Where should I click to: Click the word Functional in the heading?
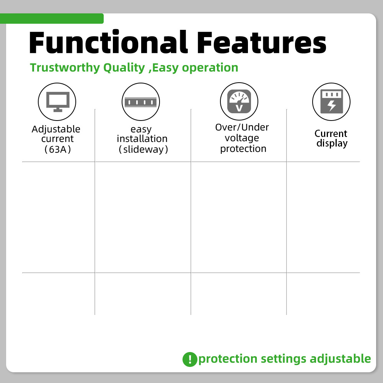(109, 42)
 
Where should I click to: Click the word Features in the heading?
(262, 42)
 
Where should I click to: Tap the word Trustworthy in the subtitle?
(65, 68)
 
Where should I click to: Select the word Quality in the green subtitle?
(124, 68)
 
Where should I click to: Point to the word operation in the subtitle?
(210, 68)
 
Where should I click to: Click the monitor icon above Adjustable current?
(58, 102)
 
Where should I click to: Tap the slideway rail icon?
(140, 102)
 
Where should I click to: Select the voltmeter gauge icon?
(239, 101)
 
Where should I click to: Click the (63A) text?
(58, 150)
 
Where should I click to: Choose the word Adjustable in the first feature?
(56, 129)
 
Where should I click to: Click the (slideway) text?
(143, 150)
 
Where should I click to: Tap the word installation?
(142, 139)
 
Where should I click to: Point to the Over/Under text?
(242, 127)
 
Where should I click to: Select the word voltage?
(242, 138)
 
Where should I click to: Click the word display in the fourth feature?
(332, 143)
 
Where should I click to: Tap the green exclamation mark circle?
(190, 359)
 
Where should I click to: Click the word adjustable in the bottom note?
(340, 359)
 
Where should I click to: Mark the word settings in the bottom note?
(284, 359)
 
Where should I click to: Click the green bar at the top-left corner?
(52, 19)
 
